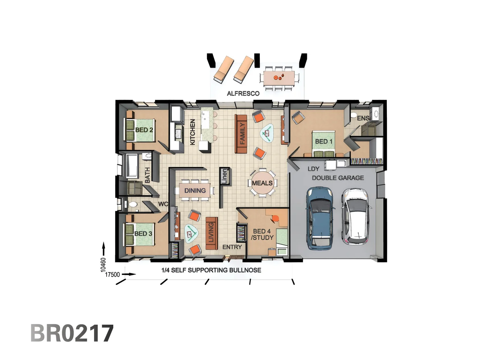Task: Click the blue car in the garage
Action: coord(320,218)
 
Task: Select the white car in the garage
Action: coord(356,216)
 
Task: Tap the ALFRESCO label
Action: coord(243,93)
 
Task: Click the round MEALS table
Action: coord(263,183)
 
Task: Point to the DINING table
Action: coord(195,191)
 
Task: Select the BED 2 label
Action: coord(144,130)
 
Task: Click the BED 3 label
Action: coord(143,234)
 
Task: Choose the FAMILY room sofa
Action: coord(241,134)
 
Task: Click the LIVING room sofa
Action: coord(211,233)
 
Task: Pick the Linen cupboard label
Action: coord(225,176)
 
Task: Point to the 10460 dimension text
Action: coord(103,265)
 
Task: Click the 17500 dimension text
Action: coord(112,275)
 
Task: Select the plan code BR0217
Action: coord(72,333)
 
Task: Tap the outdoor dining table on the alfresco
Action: coord(279,78)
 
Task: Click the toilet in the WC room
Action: coord(133,204)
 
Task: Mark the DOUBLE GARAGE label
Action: coord(338,178)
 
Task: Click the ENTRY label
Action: coord(232,247)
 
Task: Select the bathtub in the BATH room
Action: coord(132,166)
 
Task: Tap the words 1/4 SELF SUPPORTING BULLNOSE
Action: coord(211,270)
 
